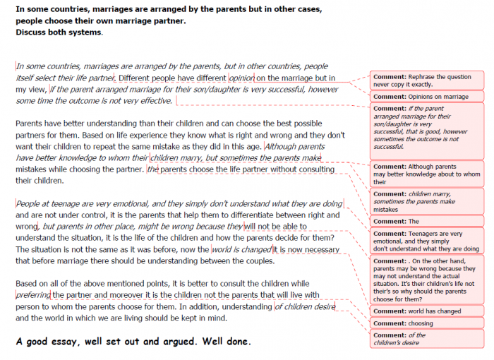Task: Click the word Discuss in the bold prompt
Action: coord(33,32)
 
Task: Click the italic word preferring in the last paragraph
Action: coord(32,294)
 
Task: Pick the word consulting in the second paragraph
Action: coord(311,169)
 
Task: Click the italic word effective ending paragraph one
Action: coord(152,100)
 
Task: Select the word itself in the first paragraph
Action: coord(28,78)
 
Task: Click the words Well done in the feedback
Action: coord(225,342)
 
